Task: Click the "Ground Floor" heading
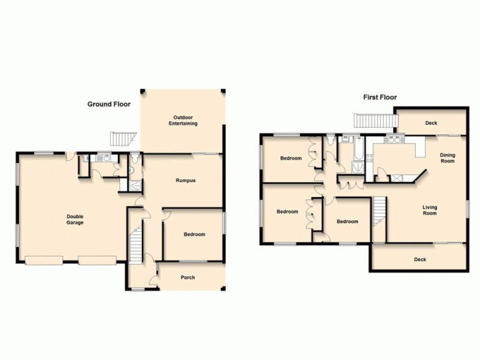pyautogui.click(x=109, y=104)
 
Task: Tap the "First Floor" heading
pyautogui.click(x=380, y=97)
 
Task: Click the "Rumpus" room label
pyautogui.click(x=185, y=180)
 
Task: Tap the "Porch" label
pyautogui.click(x=188, y=277)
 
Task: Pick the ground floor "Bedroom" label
pyautogui.click(x=194, y=235)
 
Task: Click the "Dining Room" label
pyautogui.click(x=448, y=158)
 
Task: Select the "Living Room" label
pyautogui.click(x=430, y=210)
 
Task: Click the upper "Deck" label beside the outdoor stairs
pyautogui.click(x=431, y=123)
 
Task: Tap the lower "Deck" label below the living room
pyautogui.click(x=420, y=260)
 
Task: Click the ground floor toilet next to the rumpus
pyautogui.click(x=134, y=160)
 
